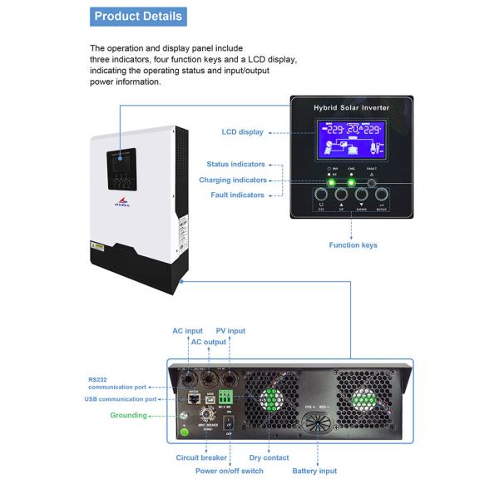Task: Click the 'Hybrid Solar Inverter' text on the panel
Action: tap(350, 109)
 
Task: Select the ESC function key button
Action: tap(322, 198)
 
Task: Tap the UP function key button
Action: tap(341, 198)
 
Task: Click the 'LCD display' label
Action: tap(243, 131)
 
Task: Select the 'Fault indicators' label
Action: tap(236, 195)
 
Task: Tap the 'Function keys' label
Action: tap(353, 245)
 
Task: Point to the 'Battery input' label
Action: tap(314, 471)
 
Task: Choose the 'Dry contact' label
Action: tap(269, 457)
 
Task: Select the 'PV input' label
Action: tap(230, 331)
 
